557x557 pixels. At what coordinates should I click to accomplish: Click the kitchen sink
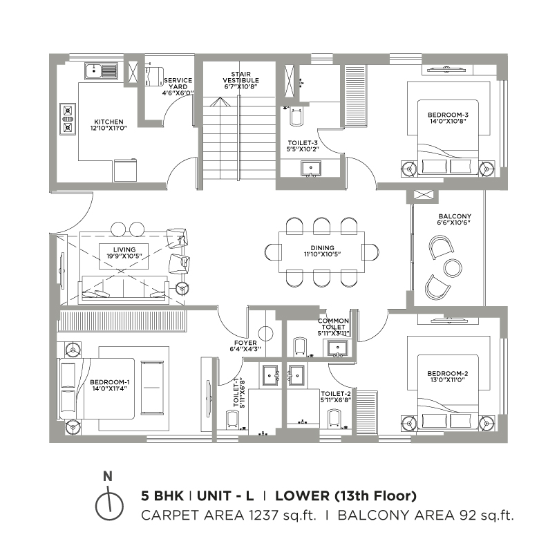101,71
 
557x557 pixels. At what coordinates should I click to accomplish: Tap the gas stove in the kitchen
68,119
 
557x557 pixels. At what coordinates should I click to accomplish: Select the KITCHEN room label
108,122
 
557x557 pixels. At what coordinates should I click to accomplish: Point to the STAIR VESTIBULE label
241,77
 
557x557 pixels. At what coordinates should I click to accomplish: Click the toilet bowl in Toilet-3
296,116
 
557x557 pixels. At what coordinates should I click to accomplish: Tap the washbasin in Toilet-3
311,169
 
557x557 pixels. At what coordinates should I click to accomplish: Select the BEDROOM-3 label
448,115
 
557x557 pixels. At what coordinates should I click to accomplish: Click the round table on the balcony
453,268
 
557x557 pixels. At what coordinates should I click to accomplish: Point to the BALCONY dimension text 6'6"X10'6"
453,223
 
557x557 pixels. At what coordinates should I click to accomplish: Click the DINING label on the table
322,247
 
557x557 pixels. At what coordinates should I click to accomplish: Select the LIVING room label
124,249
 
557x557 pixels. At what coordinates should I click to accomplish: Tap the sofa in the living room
124,288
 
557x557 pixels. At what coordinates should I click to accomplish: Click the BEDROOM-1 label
110,382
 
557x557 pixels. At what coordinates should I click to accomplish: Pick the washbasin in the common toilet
337,348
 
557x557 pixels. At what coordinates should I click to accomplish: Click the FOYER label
245,343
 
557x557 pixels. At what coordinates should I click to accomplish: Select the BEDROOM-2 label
448,373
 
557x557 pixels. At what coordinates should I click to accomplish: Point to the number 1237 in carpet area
263,515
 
